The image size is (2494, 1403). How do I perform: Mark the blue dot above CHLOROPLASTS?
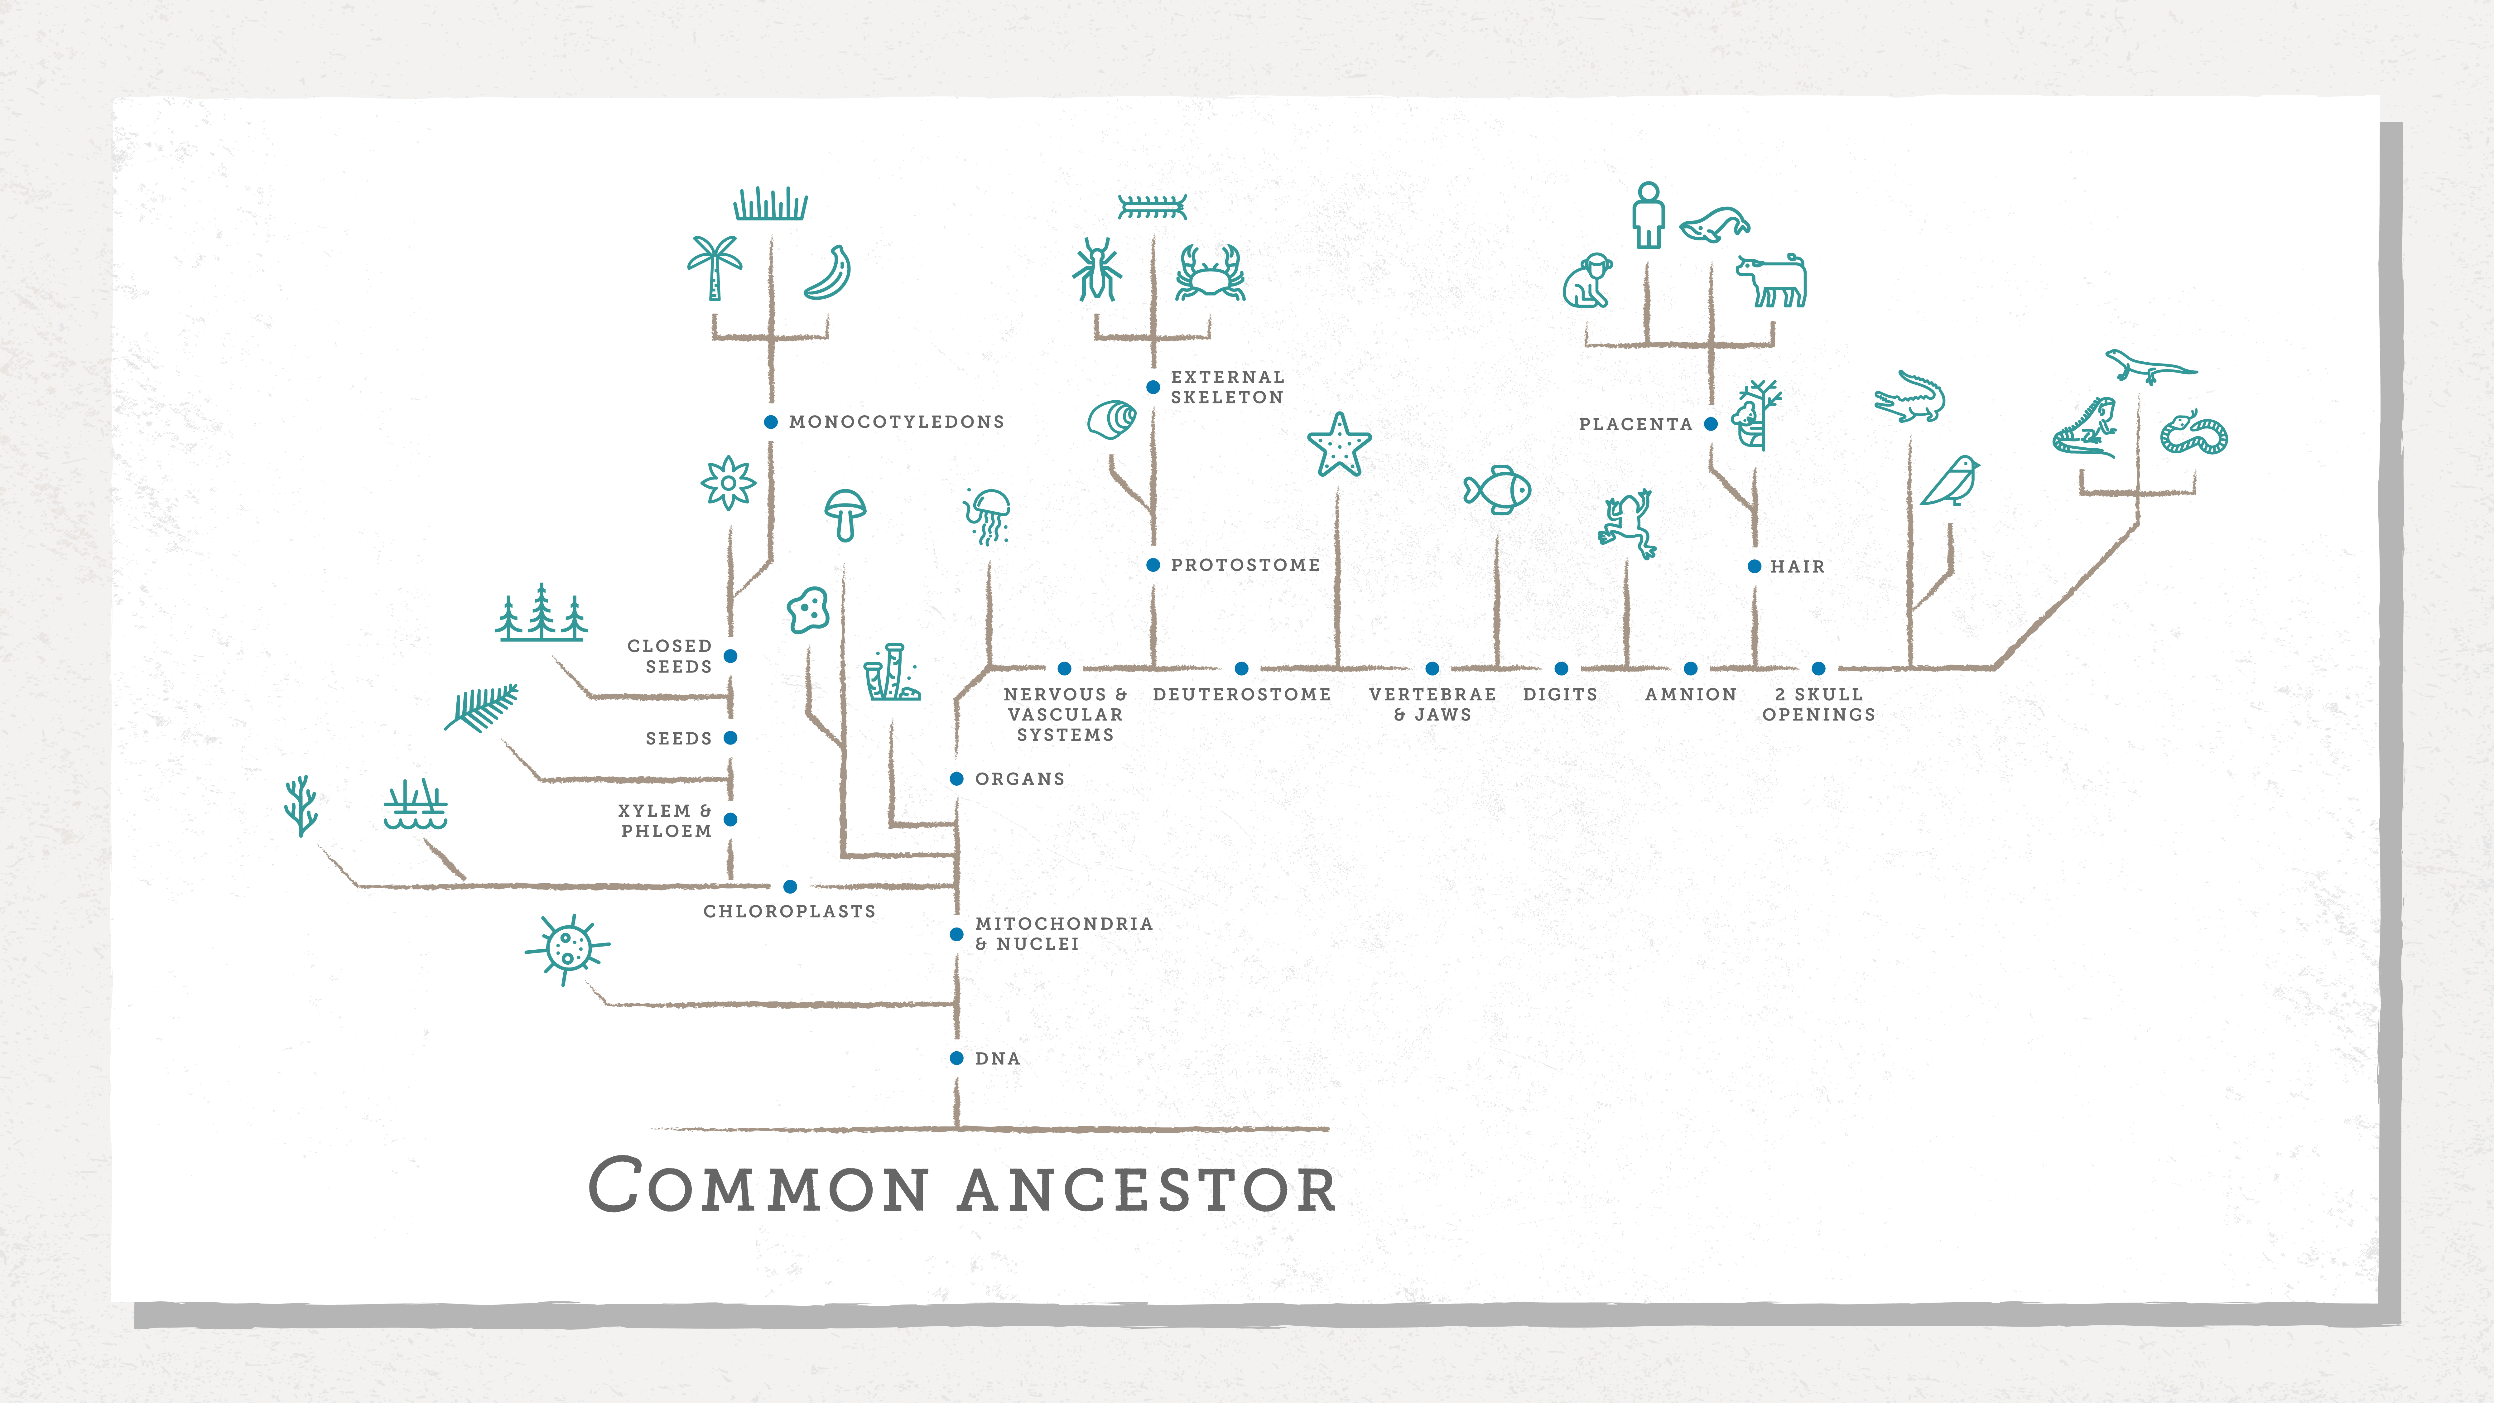tap(790, 886)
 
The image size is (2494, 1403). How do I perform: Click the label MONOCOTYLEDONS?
tap(897, 422)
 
